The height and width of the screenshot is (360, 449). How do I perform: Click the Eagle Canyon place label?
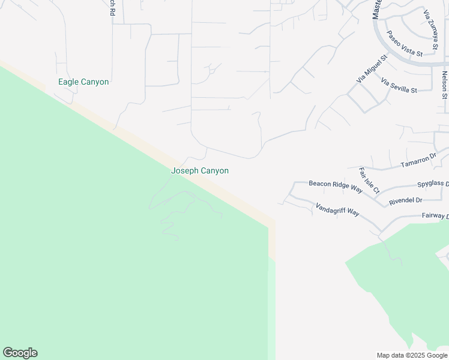click(83, 82)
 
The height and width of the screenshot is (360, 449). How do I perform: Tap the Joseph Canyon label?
click(200, 171)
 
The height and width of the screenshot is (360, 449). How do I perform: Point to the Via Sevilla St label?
click(399, 85)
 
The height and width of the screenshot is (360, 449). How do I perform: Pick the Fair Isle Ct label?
click(369, 181)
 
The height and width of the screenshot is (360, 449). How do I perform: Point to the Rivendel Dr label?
click(406, 200)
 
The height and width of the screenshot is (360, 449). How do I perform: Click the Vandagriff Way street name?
click(337, 209)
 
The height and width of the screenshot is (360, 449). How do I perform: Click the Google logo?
click(20, 353)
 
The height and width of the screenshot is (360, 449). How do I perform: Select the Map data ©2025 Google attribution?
click(412, 355)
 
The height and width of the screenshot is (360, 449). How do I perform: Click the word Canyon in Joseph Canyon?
click(214, 171)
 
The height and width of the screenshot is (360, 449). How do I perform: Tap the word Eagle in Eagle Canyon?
click(68, 82)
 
